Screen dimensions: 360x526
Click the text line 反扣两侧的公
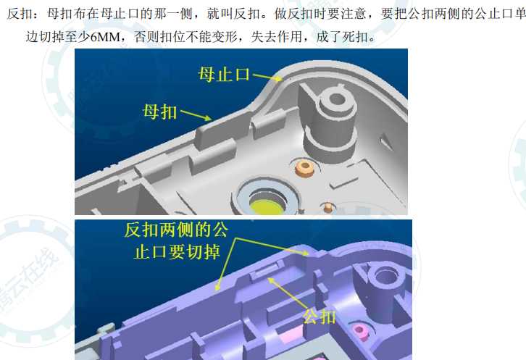coord(177,230)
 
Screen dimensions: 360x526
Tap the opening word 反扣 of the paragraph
coord(17,13)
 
